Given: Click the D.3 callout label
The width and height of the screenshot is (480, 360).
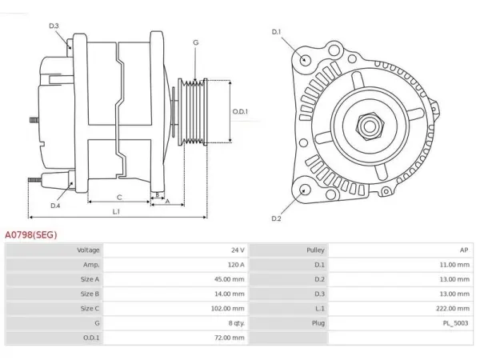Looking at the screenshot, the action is click(54, 26).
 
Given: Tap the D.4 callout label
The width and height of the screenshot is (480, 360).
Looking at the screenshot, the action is click(55, 206).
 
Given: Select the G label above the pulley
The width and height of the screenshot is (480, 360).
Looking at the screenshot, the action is click(196, 42).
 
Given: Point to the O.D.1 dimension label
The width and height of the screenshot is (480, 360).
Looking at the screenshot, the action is click(240, 112).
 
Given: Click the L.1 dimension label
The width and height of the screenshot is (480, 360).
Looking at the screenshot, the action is click(116, 211).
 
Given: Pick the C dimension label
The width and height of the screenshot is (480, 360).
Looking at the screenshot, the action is click(119, 198).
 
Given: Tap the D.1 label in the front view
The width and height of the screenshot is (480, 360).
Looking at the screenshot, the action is click(276, 32).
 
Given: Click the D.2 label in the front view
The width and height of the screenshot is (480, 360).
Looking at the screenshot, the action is click(276, 218).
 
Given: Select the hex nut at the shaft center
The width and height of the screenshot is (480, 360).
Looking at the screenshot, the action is click(370, 126).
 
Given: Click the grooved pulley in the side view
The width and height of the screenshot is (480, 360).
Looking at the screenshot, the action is click(193, 112).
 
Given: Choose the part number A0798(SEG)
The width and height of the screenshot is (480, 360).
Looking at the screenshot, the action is click(31, 234).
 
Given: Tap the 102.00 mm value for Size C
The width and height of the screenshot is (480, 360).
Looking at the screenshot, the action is click(228, 309).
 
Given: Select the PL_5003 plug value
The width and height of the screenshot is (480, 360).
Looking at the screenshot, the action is click(456, 323).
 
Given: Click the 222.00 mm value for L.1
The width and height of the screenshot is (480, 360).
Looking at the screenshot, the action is click(453, 309).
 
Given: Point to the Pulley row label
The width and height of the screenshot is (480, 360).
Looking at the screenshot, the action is click(315, 250).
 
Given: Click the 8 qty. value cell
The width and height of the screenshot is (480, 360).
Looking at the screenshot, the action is click(237, 323).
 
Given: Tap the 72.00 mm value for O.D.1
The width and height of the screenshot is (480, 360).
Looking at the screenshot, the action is click(230, 338).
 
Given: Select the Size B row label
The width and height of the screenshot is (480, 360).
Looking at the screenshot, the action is click(90, 294).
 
